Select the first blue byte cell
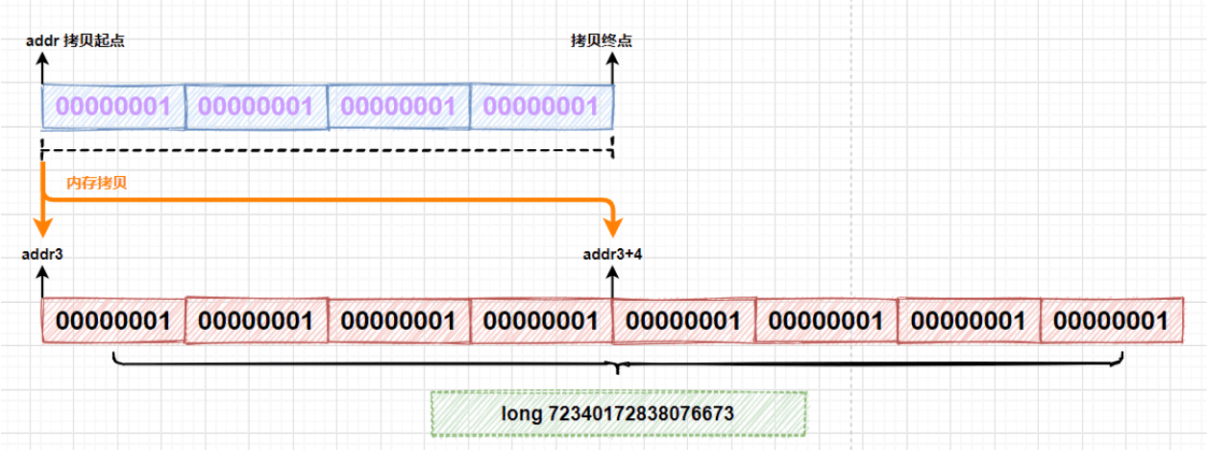click(112, 107)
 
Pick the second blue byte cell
click(256, 107)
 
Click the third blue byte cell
click(398, 107)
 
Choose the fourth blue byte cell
click(541, 107)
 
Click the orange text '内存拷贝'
click(96, 183)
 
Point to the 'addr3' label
click(42, 255)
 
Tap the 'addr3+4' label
click(613, 255)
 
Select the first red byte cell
click(112, 320)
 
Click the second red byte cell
click(256, 320)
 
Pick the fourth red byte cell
click(541, 320)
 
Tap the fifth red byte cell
click(683, 320)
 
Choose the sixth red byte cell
click(826, 320)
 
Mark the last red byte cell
click(1112, 320)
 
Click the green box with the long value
click(618, 413)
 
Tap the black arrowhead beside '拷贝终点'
click(613, 60)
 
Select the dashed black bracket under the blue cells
click(327, 149)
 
